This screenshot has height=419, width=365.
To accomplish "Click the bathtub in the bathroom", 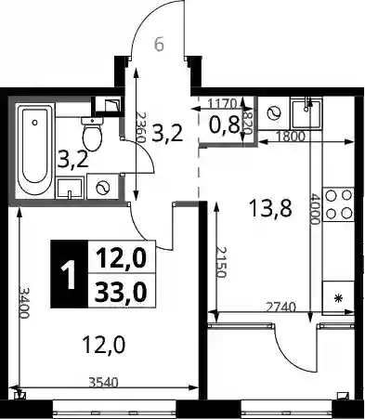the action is [35, 150].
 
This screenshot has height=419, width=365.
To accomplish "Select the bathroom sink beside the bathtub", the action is [70, 188].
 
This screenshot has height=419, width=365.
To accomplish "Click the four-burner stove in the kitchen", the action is [338, 204].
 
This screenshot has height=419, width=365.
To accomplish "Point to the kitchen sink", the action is [306, 113].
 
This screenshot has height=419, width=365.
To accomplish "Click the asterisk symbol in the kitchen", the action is [339, 298].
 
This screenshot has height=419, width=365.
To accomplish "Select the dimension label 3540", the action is [103, 383].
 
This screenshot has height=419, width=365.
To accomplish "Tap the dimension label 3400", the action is [24, 303].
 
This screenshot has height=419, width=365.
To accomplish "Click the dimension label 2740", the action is [281, 308].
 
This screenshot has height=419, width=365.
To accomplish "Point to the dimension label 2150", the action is [222, 262].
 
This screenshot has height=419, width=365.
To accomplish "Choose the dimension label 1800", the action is [291, 136].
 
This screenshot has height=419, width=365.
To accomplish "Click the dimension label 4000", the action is [316, 209].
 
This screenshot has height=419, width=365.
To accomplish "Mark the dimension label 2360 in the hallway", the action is [141, 127].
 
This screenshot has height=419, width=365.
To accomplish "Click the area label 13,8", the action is [270, 208].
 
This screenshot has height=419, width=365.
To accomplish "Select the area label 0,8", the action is [225, 125].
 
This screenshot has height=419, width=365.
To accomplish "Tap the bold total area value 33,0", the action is [121, 292].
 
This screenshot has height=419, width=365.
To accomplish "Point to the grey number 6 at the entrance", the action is [159, 46].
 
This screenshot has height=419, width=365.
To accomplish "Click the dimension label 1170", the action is [222, 103].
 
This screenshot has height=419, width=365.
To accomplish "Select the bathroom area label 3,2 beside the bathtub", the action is [73, 160].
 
